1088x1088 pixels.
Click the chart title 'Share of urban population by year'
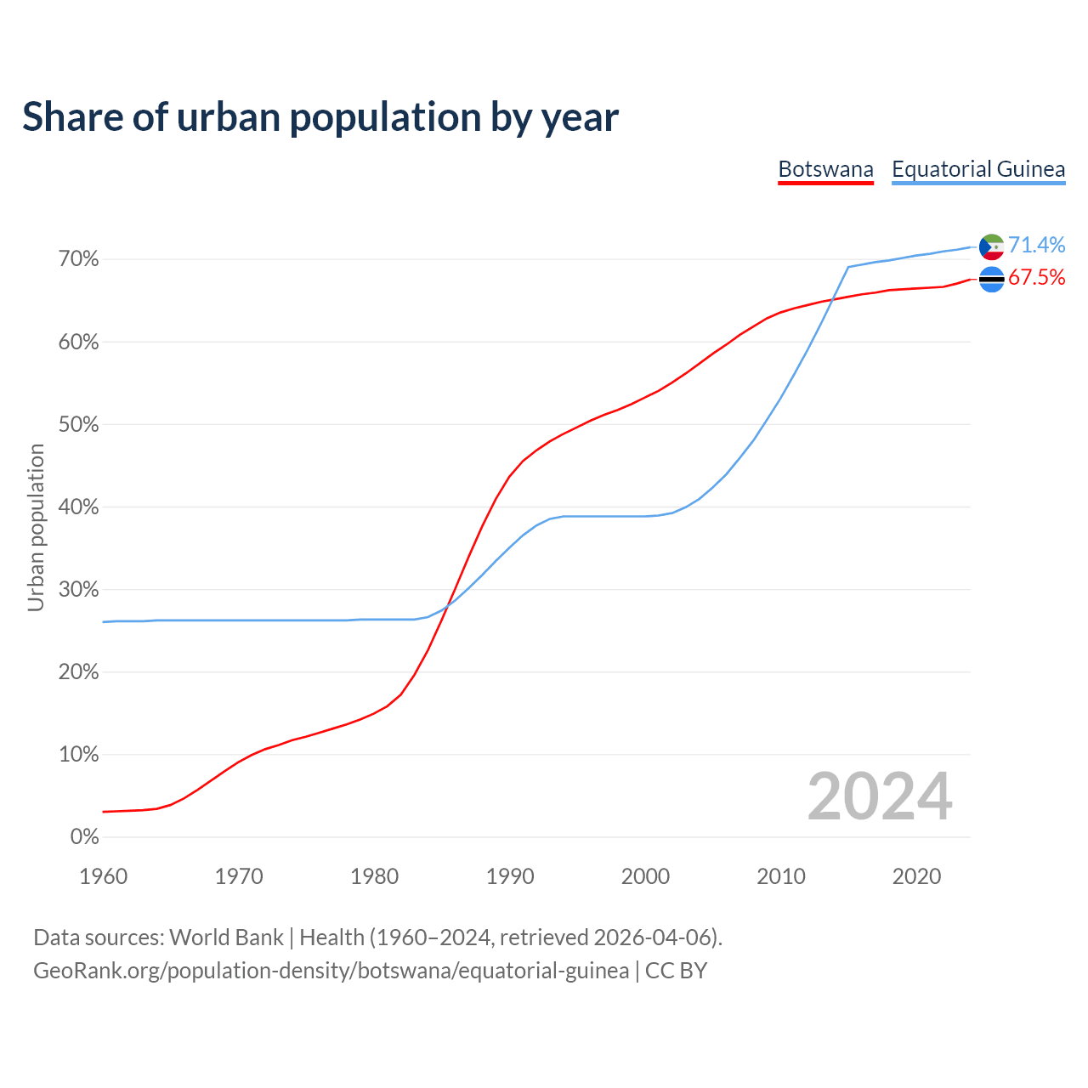(x=320, y=117)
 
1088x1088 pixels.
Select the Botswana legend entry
(x=825, y=169)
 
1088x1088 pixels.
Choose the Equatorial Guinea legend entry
(x=978, y=169)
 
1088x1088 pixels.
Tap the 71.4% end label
(x=1036, y=245)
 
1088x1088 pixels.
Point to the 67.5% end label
(x=1036, y=278)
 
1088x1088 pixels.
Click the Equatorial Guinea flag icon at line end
(x=992, y=246)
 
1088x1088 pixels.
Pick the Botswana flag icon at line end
(x=992, y=279)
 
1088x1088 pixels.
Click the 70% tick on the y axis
(x=78, y=258)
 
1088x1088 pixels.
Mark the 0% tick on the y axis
(x=84, y=837)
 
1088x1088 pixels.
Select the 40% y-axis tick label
(x=78, y=507)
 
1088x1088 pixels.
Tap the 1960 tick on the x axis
(x=103, y=876)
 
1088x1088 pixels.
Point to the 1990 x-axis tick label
(x=510, y=876)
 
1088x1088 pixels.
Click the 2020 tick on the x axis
(x=916, y=876)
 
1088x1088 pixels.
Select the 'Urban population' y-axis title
(x=36, y=527)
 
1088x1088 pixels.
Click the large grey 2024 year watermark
(x=880, y=797)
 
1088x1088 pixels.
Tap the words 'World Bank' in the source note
(x=226, y=938)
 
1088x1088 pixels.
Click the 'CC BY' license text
(x=676, y=971)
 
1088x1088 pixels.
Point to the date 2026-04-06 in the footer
(x=651, y=938)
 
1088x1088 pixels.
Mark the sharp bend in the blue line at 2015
(x=848, y=267)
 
